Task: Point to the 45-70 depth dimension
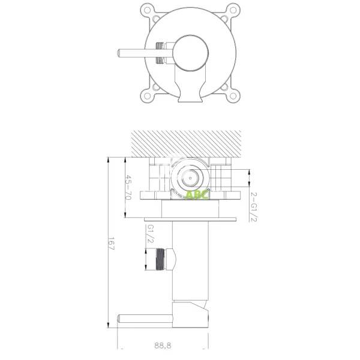(x=128, y=188)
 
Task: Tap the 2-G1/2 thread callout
(x=254, y=208)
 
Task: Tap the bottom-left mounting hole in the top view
(x=145, y=95)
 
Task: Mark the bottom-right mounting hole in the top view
(x=230, y=95)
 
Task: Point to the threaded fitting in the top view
(x=161, y=52)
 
